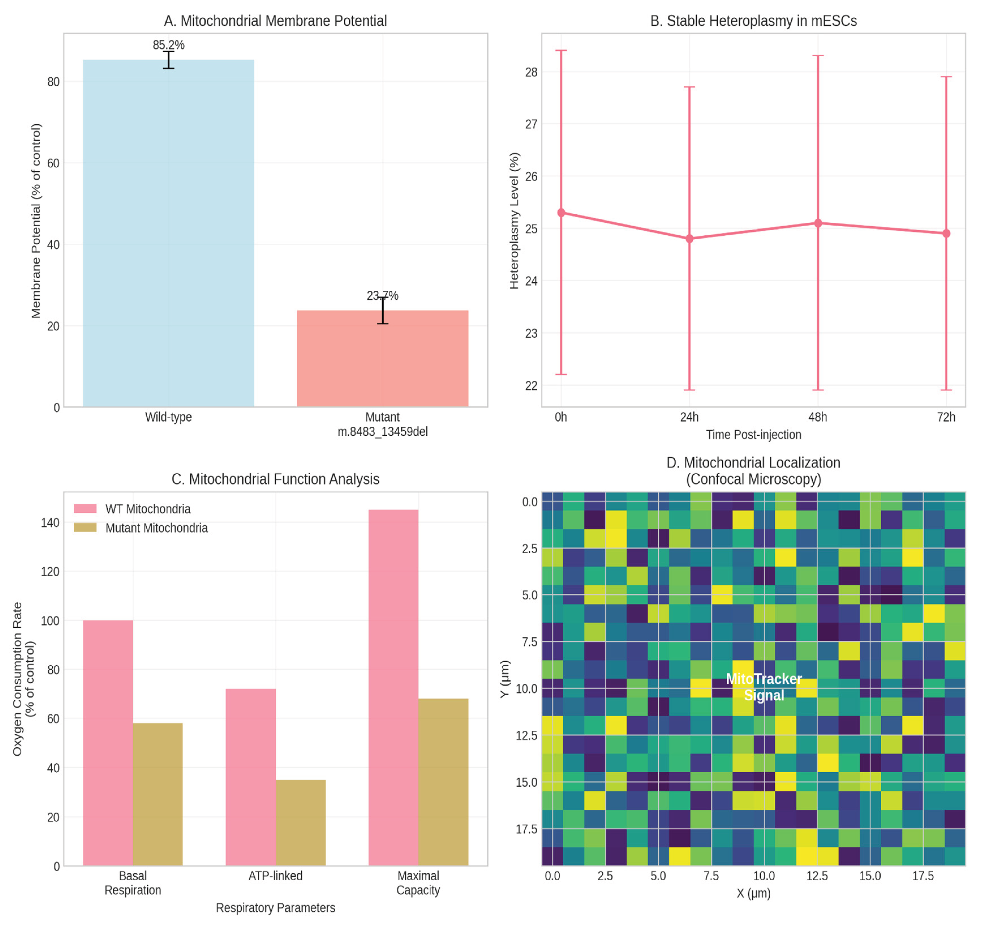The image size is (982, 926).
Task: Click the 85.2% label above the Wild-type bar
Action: (x=168, y=45)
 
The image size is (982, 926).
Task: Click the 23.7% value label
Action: (x=382, y=296)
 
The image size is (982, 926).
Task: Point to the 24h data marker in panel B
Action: (x=689, y=239)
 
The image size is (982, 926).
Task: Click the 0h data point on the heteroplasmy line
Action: (x=561, y=212)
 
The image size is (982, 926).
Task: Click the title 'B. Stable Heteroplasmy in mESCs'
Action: (x=753, y=21)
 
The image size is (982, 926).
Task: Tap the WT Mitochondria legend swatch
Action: (x=85, y=509)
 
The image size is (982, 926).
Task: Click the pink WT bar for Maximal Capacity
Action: (x=393, y=688)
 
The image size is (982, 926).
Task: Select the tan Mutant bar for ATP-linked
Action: (x=300, y=823)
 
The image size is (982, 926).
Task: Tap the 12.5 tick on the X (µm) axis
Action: (x=817, y=876)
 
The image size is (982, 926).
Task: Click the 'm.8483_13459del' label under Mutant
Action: (x=382, y=432)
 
